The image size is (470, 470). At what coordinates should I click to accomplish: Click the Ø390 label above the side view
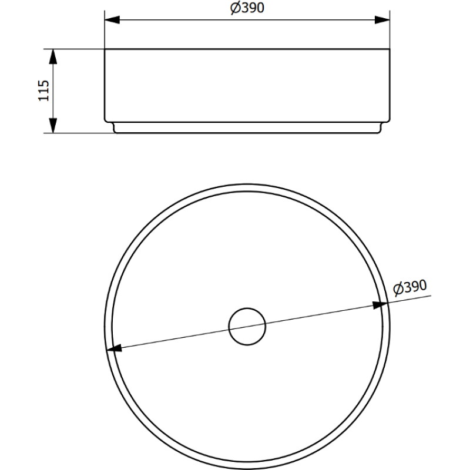point(247,8)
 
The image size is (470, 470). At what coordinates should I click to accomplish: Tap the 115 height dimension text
point(43,90)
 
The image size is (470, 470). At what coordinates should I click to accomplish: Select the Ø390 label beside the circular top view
point(410,287)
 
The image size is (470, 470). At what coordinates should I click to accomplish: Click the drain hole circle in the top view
point(247,327)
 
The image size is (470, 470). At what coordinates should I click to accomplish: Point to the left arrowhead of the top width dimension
point(112,20)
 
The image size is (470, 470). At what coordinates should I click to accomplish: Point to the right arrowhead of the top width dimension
point(382,20)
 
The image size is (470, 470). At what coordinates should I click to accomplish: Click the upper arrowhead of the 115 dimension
point(53,56)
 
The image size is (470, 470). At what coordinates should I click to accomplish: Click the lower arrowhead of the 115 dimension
point(53,126)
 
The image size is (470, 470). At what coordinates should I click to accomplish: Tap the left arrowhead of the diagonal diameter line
point(114,348)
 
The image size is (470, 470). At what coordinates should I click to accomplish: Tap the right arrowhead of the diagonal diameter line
point(380,305)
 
